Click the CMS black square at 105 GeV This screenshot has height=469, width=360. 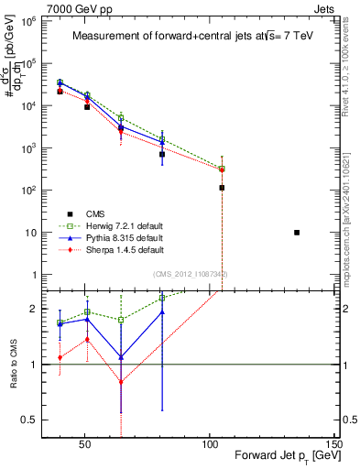(x=222, y=188)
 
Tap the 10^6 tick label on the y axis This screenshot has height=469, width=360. (x=38, y=20)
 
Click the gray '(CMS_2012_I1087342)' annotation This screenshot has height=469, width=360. (x=190, y=274)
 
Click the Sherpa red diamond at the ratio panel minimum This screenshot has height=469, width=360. (x=121, y=382)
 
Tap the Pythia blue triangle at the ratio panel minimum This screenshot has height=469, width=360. (x=121, y=357)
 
